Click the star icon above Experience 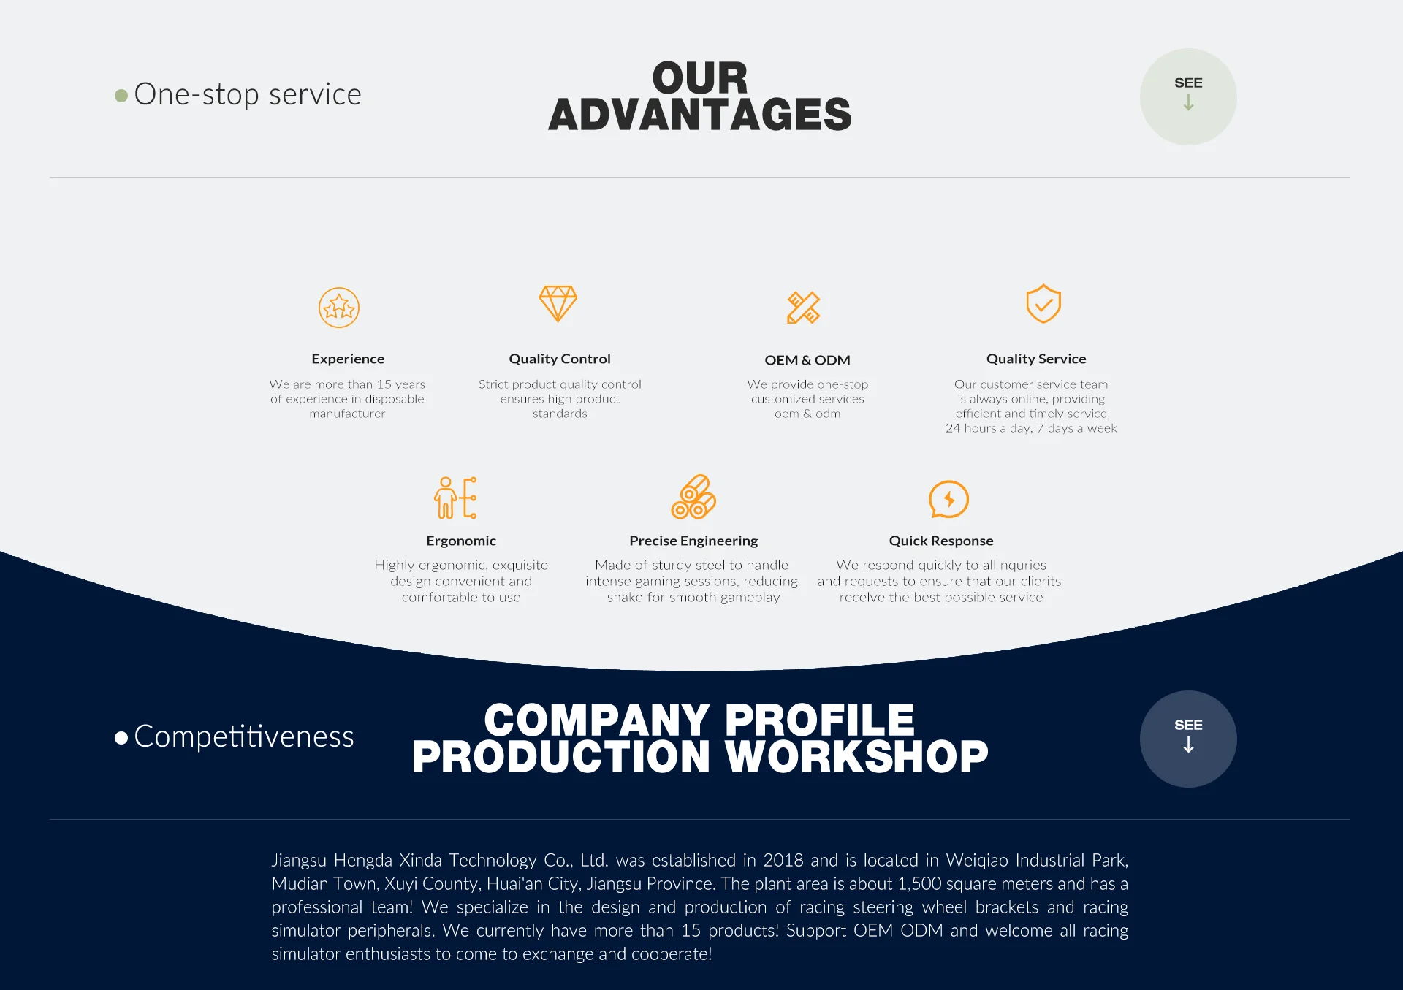[339, 308]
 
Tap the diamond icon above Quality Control [558, 303]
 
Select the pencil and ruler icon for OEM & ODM [804, 308]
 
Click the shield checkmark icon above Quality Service [1043, 303]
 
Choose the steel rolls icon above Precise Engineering [693, 497]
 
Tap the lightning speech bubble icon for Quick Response [948, 500]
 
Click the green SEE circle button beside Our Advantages [1188, 96]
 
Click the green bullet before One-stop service [121, 96]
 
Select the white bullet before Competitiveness [121, 738]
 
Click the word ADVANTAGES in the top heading [700, 115]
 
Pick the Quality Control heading [560, 359]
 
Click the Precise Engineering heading [693, 541]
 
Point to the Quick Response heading [941, 541]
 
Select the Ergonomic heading [461, 541]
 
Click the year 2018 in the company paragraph [783, 861]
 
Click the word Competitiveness [244, 736]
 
